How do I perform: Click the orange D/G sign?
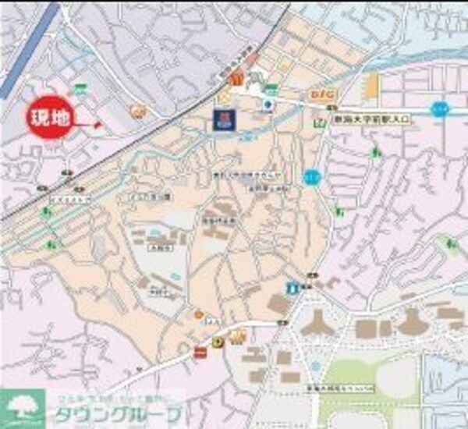[322, 94]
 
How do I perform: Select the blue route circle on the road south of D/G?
[313, 174]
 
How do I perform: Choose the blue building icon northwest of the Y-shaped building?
[292, 288]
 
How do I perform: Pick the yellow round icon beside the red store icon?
[217, 342]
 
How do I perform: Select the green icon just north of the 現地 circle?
[80, 88]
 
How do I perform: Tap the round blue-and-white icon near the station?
[268, 104]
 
